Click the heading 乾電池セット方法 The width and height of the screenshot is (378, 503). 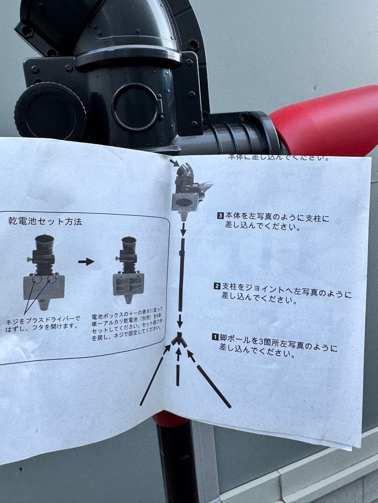point(45,222)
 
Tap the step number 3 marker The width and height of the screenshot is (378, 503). point(221,216)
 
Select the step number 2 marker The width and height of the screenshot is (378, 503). point(217,286)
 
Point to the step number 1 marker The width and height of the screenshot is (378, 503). point(215,337)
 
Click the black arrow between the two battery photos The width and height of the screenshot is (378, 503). point(86,262)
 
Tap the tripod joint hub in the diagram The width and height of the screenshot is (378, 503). point(179,340)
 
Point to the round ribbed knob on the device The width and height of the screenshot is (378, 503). point(50,111)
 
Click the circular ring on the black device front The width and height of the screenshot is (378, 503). point(135,107)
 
